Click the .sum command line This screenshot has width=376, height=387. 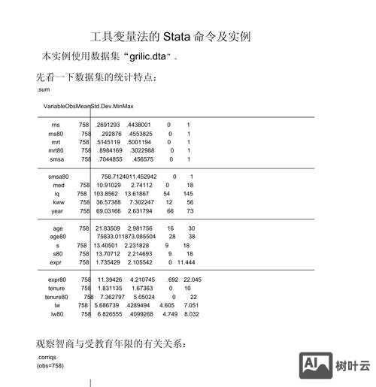click(43, 90)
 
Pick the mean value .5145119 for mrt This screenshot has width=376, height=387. click(108, 142)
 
